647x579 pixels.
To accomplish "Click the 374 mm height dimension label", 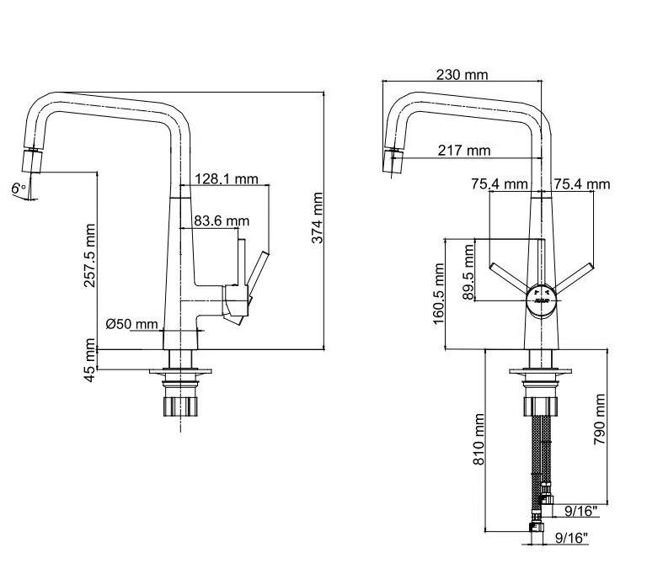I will [x=318, y=218].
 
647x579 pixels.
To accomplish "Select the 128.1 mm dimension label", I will [x=226, y=178].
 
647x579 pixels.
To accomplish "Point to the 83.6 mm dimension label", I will [x=222, y=221].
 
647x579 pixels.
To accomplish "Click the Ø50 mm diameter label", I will [x=133, y=324].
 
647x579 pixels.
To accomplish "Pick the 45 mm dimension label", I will [x=89, y=359].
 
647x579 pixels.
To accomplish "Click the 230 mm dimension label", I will [x=462, y=75].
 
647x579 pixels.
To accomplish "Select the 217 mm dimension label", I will [x=463, y=151].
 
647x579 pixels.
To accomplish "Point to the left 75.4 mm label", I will [x=500, y=184].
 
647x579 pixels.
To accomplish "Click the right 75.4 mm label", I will [x=582, y=184].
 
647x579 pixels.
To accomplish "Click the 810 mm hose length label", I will [x=479, y=444].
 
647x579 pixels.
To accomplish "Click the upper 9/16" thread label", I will [x=580, y=510].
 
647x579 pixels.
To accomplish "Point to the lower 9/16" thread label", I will [x=571, y=537].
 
